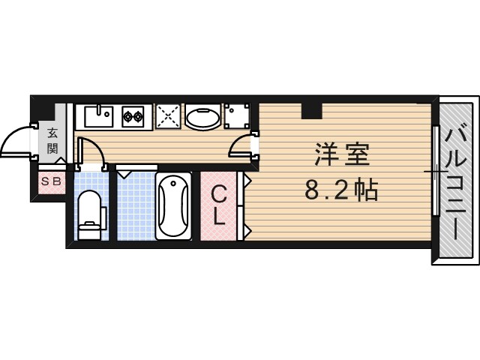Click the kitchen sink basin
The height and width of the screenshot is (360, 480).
click(98, 116)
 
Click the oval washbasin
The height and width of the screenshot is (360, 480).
click(202, 117)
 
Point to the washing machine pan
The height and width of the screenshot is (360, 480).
click(238, 116)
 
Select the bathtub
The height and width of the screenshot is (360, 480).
click(173, 206)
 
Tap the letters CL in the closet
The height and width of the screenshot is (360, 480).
click(217, 205)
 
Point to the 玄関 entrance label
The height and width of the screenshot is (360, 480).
click(52, 140)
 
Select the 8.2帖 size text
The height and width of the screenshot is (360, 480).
click(340, 190)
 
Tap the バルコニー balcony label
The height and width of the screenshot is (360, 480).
click(455, 180)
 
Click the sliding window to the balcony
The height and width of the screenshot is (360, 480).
click(435, 172)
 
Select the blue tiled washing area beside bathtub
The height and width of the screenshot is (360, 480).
click(135, 206)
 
